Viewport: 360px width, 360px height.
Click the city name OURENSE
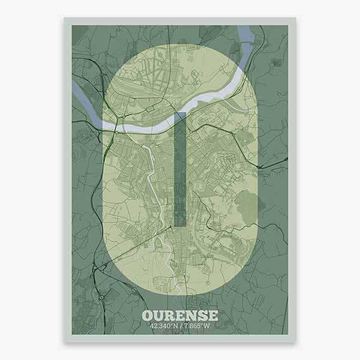tap(180, 316)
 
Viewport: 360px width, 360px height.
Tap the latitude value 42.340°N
tap(164, 326)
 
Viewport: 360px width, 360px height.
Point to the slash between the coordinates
tap(181, 326)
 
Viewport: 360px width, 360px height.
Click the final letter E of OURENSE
tap(213, 316)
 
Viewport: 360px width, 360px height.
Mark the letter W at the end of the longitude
tap(208, 326)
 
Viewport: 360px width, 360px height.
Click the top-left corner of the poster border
tap(65, 19)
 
